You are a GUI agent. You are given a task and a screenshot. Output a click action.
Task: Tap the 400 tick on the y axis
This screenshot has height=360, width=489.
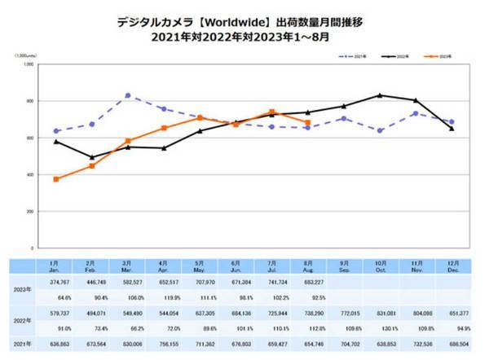pyautogui.click(x=29, y=174)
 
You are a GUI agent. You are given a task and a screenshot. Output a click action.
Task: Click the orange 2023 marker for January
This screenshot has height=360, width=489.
pyautogui.click(x=55, y=179)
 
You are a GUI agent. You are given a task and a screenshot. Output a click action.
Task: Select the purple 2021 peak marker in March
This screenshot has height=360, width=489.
pyautogui.click(x=128, y=95)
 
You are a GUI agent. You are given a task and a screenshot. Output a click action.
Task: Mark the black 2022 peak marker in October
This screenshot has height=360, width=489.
pyautogui.click(x=379, y=95)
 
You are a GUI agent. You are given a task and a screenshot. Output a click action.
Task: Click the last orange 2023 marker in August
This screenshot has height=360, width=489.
pyautogui.click(x=307, y=123)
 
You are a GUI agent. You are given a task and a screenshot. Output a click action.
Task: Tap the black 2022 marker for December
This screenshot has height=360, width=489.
pyautogui.click(x=452, y=128)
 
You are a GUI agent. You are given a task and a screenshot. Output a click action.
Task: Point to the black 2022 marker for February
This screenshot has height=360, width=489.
pyautogui.click(x=92, y=157)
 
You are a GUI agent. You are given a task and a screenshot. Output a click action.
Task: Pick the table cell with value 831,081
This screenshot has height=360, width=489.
pyautogui.click(x=380, y=313)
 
